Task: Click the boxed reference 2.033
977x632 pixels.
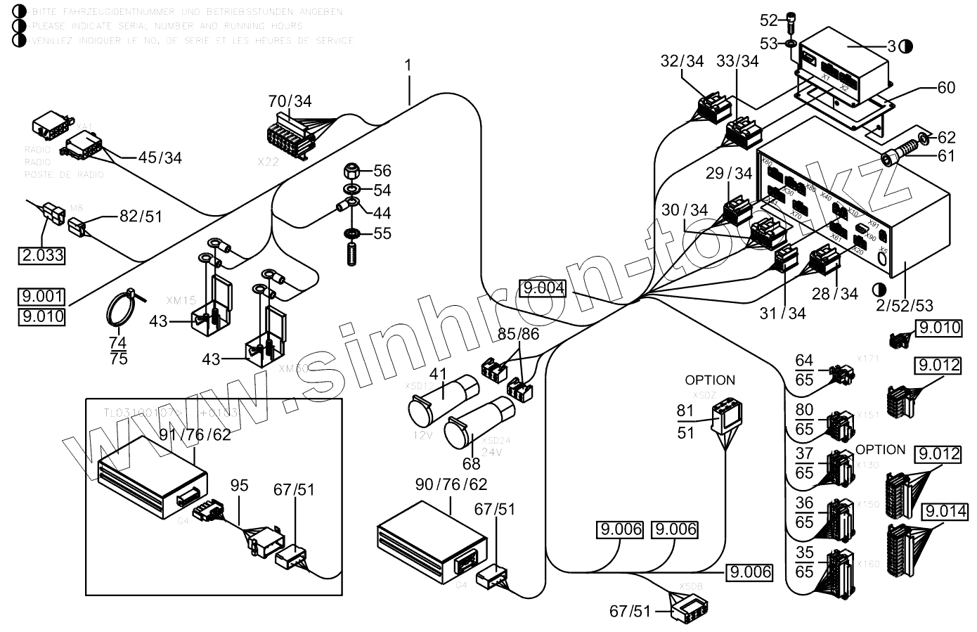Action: [x=41, y=255]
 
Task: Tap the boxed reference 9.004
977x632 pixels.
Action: [x=543, y=288]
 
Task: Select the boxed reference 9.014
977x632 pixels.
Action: [x=946, y=511]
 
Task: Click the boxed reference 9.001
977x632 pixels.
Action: [x=43, y=297]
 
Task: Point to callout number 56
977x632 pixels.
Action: [x=382, y=171]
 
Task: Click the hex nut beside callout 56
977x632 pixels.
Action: [x=351, y=172]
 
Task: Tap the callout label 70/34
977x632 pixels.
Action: [x=290, y=101]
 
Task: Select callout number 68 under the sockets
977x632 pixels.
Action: [x=471, y=463]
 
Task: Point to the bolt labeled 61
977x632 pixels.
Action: [x=901, y=155]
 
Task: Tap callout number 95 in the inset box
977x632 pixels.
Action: [x=240, y=486]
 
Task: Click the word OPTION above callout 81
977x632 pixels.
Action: [x=710, y=380]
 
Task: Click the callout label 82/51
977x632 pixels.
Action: [x=141, y=217]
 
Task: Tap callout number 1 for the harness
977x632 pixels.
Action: [x=408, y=65]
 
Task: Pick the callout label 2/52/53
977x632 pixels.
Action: [x=905, y=305]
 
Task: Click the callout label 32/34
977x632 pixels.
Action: [x=682, y=61]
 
